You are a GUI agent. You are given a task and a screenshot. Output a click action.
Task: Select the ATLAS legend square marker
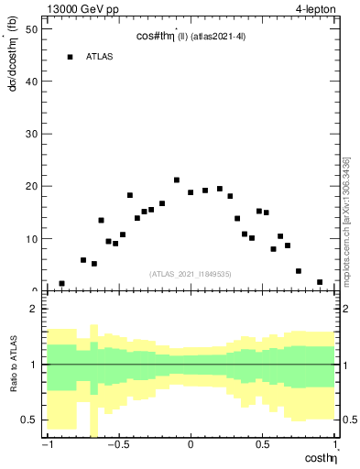point(70,57)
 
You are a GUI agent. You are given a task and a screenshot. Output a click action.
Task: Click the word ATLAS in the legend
point(100,57)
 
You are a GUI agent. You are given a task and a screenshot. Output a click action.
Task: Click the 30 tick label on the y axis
point(31,134)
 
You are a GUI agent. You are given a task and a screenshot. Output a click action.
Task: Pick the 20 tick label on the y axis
point(31,186)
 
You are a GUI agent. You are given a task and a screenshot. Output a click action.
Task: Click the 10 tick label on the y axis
point(31,239)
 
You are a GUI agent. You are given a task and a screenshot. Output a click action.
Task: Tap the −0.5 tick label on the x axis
point(116,446)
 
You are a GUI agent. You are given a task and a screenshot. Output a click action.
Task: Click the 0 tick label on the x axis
point(191,446)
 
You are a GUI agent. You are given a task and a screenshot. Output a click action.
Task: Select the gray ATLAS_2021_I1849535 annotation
point(190,273)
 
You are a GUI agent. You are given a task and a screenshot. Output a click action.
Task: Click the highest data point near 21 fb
point(176,180)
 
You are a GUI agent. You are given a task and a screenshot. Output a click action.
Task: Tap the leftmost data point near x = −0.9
point(61,284)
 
